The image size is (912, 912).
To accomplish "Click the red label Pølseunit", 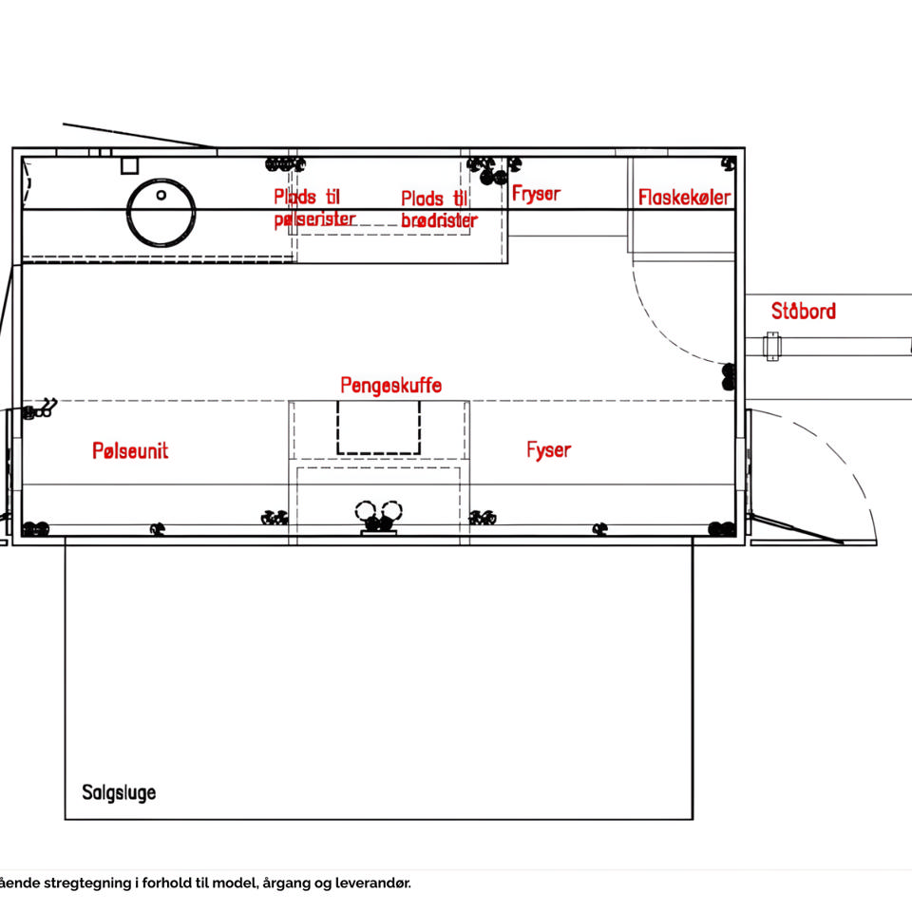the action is [x=130, y=450].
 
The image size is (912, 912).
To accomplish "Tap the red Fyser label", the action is [x=548, y=450].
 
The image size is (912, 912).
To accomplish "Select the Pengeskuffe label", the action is [x=390, y=385].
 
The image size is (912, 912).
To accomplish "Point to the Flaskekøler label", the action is [x=684, y=198].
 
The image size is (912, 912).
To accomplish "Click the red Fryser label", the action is [x=536, y=194].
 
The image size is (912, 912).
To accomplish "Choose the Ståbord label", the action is [x=804, y=311].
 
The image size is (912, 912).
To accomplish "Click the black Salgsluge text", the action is [x=119, y=792].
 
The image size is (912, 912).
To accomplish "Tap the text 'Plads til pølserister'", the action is [x=314, y=208].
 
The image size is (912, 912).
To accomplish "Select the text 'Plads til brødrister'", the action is [x=439, y=209].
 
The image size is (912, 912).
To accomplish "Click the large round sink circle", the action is [x=161, y=180].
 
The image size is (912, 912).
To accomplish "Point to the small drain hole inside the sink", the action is [x=161, y=196].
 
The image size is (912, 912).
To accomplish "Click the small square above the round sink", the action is [x=130, y=165].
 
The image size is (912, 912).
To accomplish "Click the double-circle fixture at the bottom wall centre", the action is [x=379, y=518].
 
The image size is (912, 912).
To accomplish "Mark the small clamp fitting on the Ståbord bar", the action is [x=771, y=346].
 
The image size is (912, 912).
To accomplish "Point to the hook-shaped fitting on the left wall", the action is [x=40, y=408].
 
